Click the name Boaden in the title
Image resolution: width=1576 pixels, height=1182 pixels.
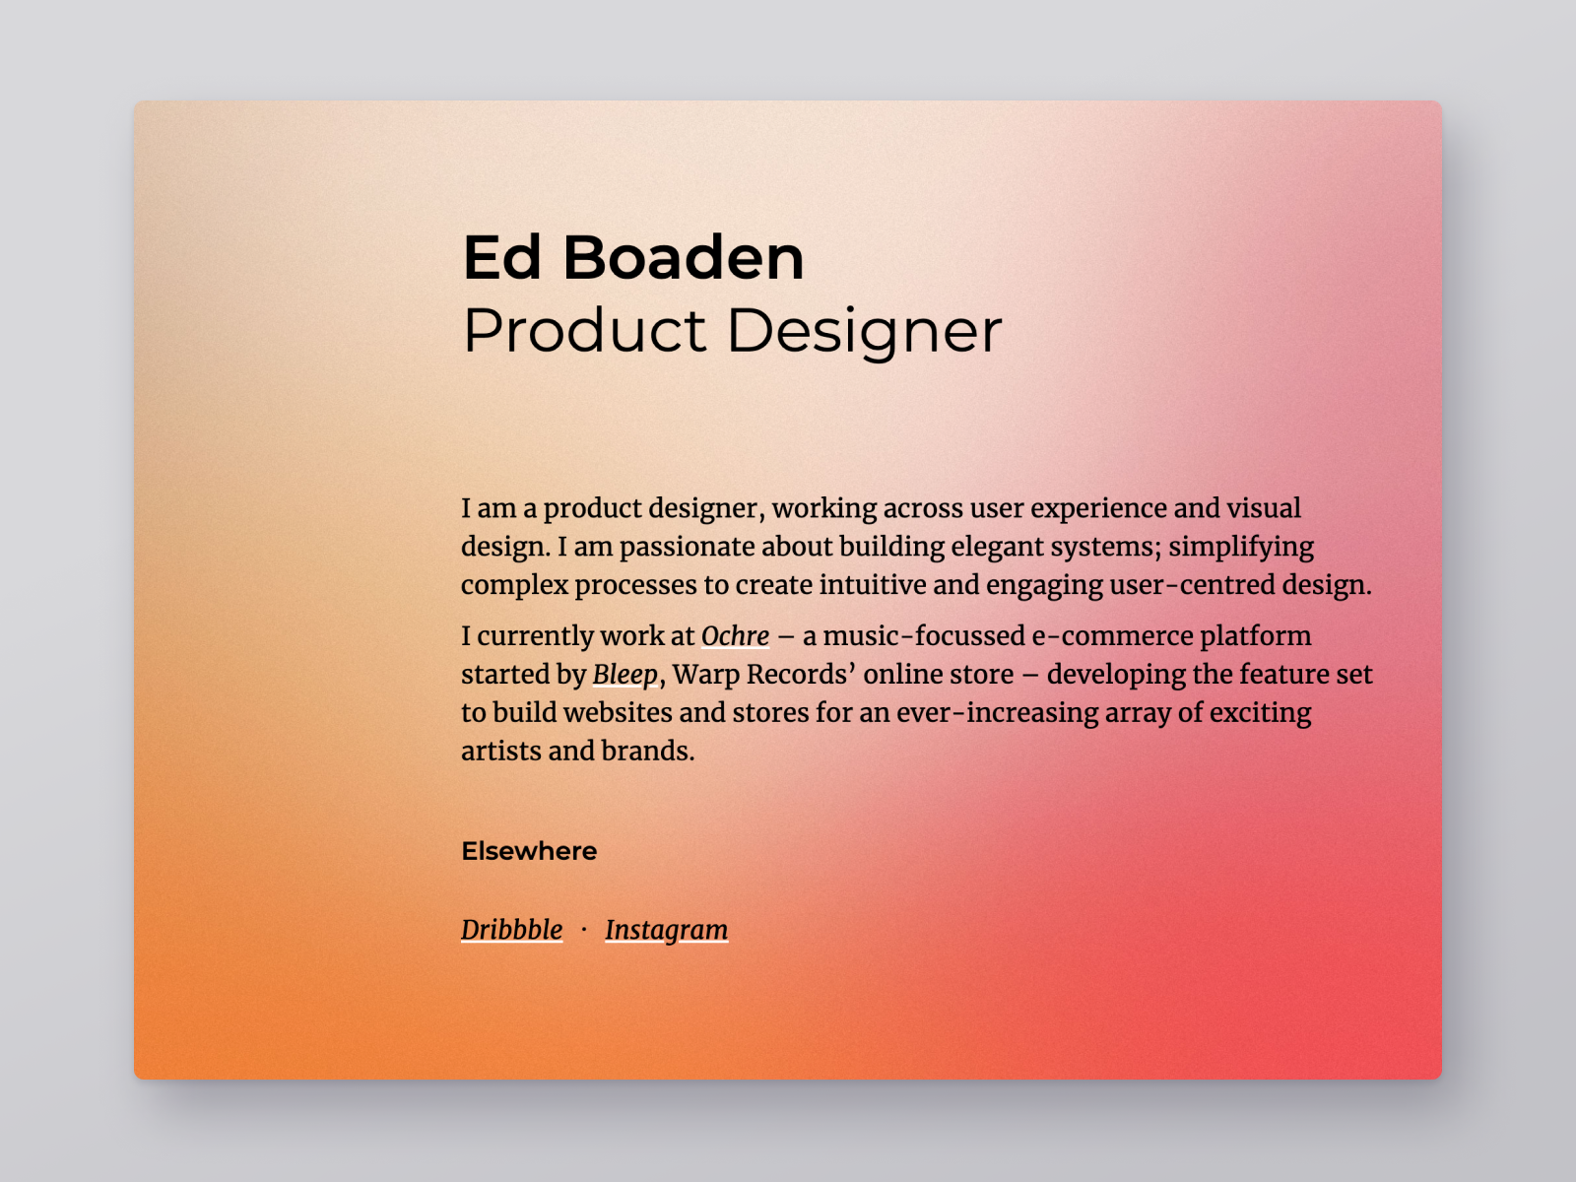coord(683,258)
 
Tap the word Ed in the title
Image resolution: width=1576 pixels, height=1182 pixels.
coord(502,258)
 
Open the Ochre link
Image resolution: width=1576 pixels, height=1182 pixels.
coord(735,636)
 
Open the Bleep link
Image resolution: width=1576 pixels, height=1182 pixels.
coord(625,675)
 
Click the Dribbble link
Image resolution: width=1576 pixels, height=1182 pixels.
coord(511,930)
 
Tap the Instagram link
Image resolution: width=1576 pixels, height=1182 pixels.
coord(666,930)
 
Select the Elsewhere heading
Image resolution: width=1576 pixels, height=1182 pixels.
coord(529,851)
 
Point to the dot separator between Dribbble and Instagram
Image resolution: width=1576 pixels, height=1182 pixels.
coord(584,929)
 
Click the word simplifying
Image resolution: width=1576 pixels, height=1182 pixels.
coord(1241,547)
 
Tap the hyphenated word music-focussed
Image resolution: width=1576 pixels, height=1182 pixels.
coord(924,636)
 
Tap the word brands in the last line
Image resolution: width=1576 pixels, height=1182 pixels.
coord(645,752)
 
